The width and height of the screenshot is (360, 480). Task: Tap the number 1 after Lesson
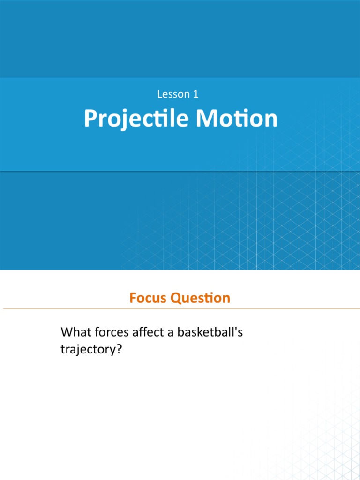click(196, 94)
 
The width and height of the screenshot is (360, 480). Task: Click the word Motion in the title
click(237, 119)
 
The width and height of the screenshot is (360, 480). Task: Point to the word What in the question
click(75, 333)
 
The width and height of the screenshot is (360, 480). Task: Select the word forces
click(111, 333)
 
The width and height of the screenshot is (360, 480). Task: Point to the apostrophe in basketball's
click(235, 330)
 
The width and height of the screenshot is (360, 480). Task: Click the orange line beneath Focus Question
click(180, 308)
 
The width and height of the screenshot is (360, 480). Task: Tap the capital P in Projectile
click(89, 119)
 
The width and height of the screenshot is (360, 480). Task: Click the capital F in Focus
click(133, 298)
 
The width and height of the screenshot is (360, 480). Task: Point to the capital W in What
click(66, 333)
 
